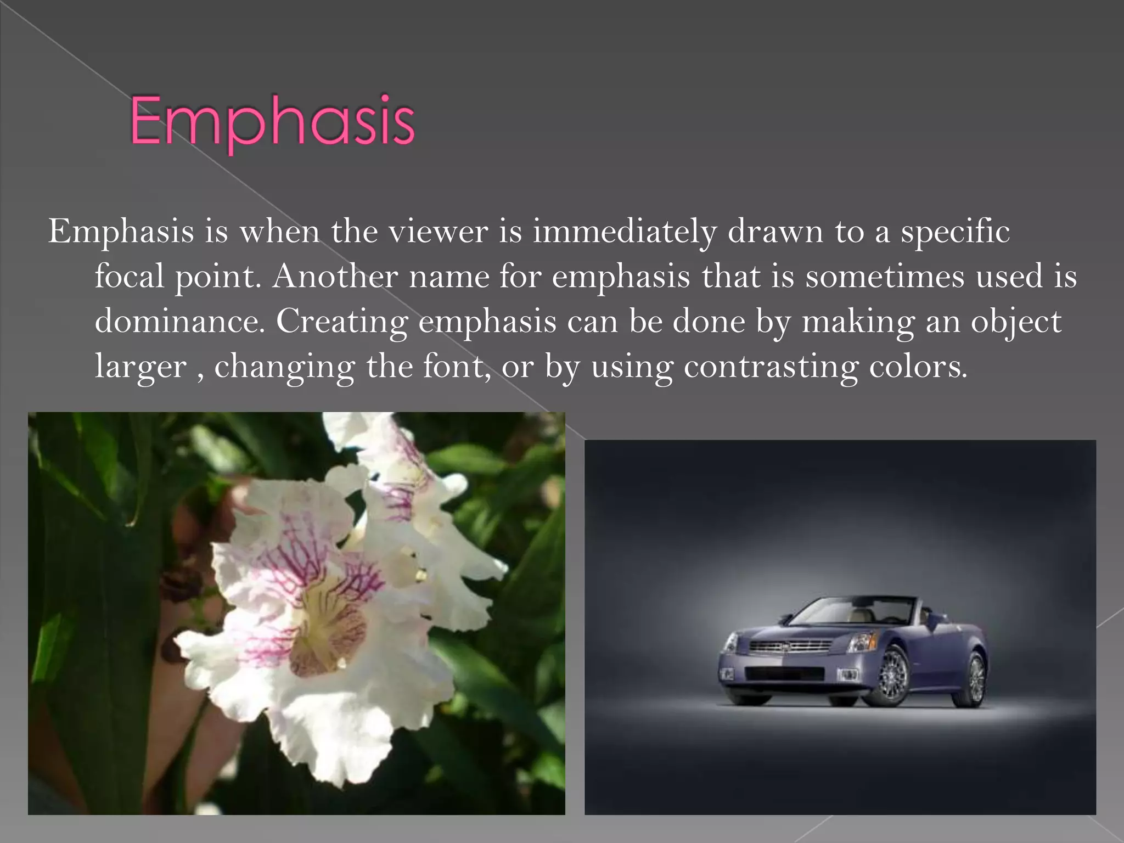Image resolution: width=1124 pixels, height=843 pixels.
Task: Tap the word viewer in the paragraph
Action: click(439, 232)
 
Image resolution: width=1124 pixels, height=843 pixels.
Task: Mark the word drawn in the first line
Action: click(775, 232)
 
